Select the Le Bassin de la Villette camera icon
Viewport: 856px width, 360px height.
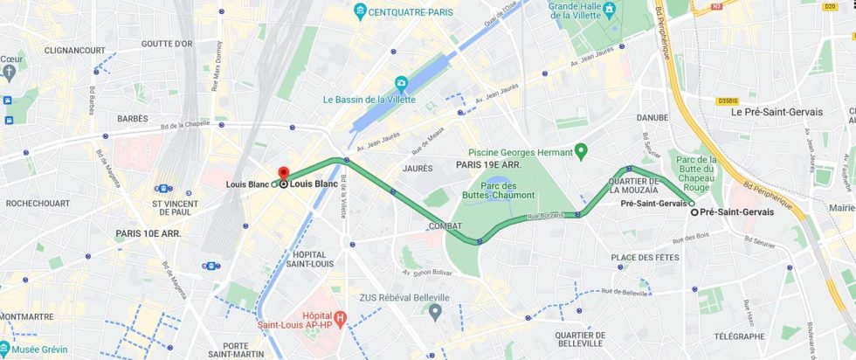tap(401, 83)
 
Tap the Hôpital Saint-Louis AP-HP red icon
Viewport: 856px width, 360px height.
tap(340, 319)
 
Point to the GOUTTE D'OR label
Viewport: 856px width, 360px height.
tap(167, 44)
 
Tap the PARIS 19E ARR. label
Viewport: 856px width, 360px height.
tap(488, 164)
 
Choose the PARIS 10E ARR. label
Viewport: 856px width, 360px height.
tap(148, 233)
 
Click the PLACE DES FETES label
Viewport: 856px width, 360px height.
tap(645, 257)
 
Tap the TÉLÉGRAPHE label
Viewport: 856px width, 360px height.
tap(738, 336)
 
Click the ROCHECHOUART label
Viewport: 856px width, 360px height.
tap(38, 203)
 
